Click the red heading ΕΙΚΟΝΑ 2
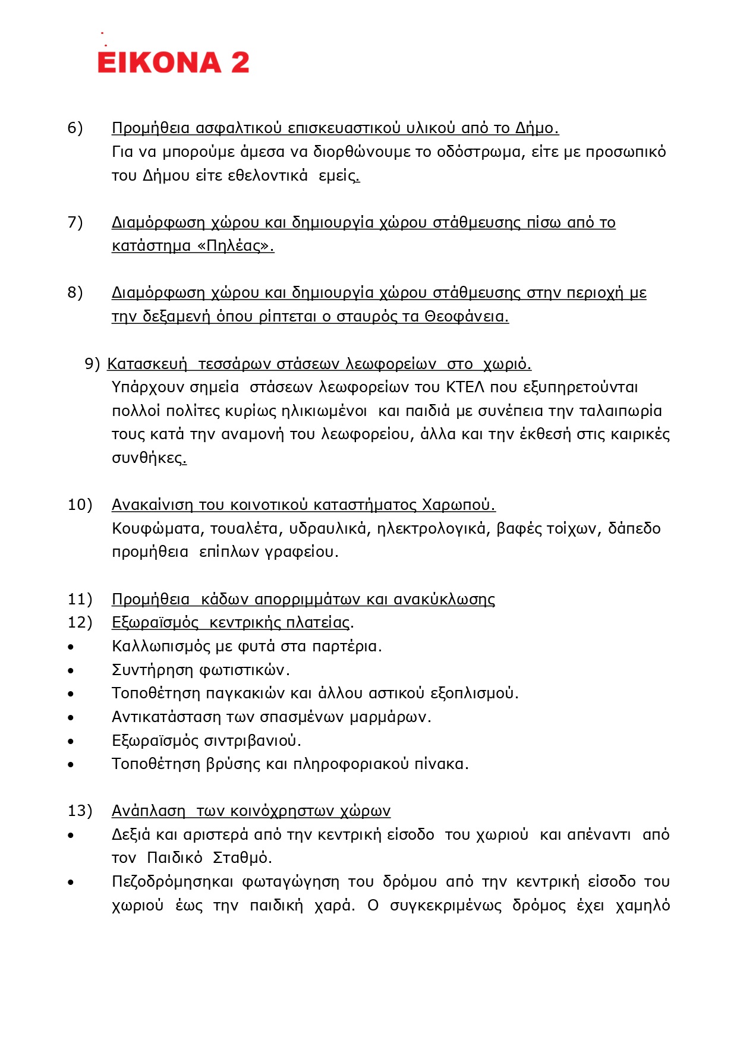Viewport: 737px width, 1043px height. [173, 62]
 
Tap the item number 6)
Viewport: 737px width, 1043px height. [75, 128]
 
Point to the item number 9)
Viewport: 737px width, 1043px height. [92, 364]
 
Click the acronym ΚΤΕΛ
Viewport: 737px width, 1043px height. [465, 387]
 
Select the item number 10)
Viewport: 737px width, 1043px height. [80, 505]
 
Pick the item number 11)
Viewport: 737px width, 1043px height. [80, 599]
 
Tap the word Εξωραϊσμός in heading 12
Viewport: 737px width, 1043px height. [155, 623]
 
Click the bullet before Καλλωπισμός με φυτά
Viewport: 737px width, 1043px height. [71, 647]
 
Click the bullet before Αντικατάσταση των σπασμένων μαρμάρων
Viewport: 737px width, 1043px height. [71, 718]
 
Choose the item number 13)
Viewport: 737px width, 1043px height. [80, 811]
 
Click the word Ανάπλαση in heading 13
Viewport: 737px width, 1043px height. [149, 811]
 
